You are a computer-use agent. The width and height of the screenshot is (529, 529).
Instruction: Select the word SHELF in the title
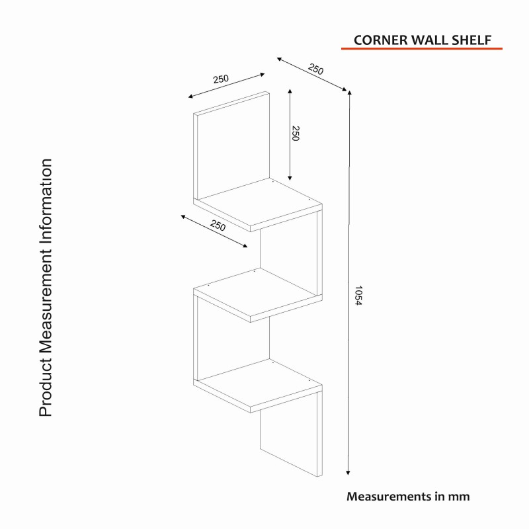[x=473, y=39]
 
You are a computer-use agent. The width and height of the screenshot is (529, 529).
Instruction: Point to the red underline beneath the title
[x=421, y=49]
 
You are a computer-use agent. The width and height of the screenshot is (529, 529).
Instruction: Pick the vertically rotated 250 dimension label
[x=296, y=134]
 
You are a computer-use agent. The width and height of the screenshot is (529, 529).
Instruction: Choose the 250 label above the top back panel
[x=220, y=79]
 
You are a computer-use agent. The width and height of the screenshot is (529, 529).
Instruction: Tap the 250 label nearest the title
[x=316, y=69]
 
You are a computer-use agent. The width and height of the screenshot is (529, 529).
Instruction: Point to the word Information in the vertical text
[x=45, y=198]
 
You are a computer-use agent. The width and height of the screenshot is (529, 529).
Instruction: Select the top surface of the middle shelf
[x=255, y=293]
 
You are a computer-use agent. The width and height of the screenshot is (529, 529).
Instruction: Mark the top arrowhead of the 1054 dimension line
[x=349, y=93]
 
